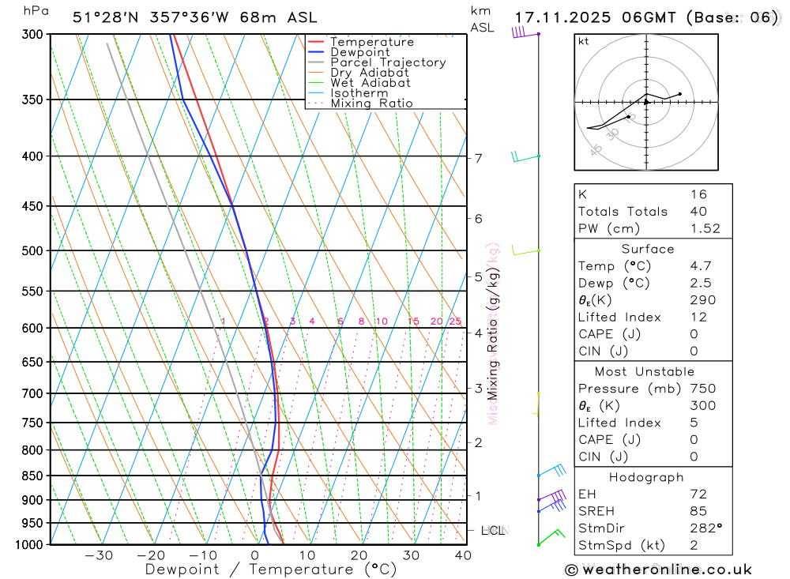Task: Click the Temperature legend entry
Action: [371, 42]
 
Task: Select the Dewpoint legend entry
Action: [359, 52]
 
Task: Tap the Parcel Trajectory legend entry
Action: [388, 62]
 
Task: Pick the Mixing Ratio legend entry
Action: [371, 103]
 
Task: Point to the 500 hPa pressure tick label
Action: [32, 251]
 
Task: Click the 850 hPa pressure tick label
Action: [32, 476]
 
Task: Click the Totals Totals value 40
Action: [698, 212]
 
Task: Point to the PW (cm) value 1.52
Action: [705, 228]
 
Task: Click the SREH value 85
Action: [698, 511]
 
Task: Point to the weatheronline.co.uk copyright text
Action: [659, 570]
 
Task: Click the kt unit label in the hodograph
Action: [584, 42]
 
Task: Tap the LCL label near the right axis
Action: [493, 530]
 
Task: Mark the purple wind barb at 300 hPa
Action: [519, 32]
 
